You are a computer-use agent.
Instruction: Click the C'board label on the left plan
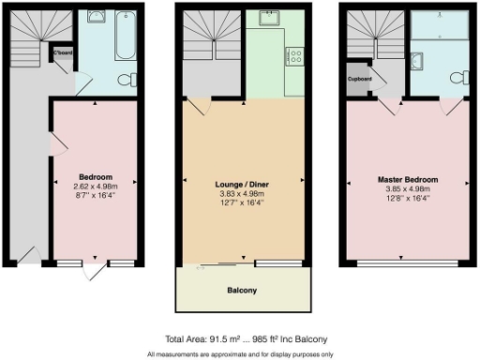pyautogui.click(x=64, y=54)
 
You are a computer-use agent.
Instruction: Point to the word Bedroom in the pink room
pyautogui.click(x=96, y=177)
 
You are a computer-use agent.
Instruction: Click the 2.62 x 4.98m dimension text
pyautogui.click(x=96, y=187)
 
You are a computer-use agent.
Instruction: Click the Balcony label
pyautogui.click(x=243, y=291)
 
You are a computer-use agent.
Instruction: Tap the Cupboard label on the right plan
pyautogui.click(x=360, y=79)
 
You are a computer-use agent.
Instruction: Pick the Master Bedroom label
pyautogui.click(x=407, y=179)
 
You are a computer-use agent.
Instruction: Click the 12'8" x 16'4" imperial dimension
pyautogui.click(x=407, y=198)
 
